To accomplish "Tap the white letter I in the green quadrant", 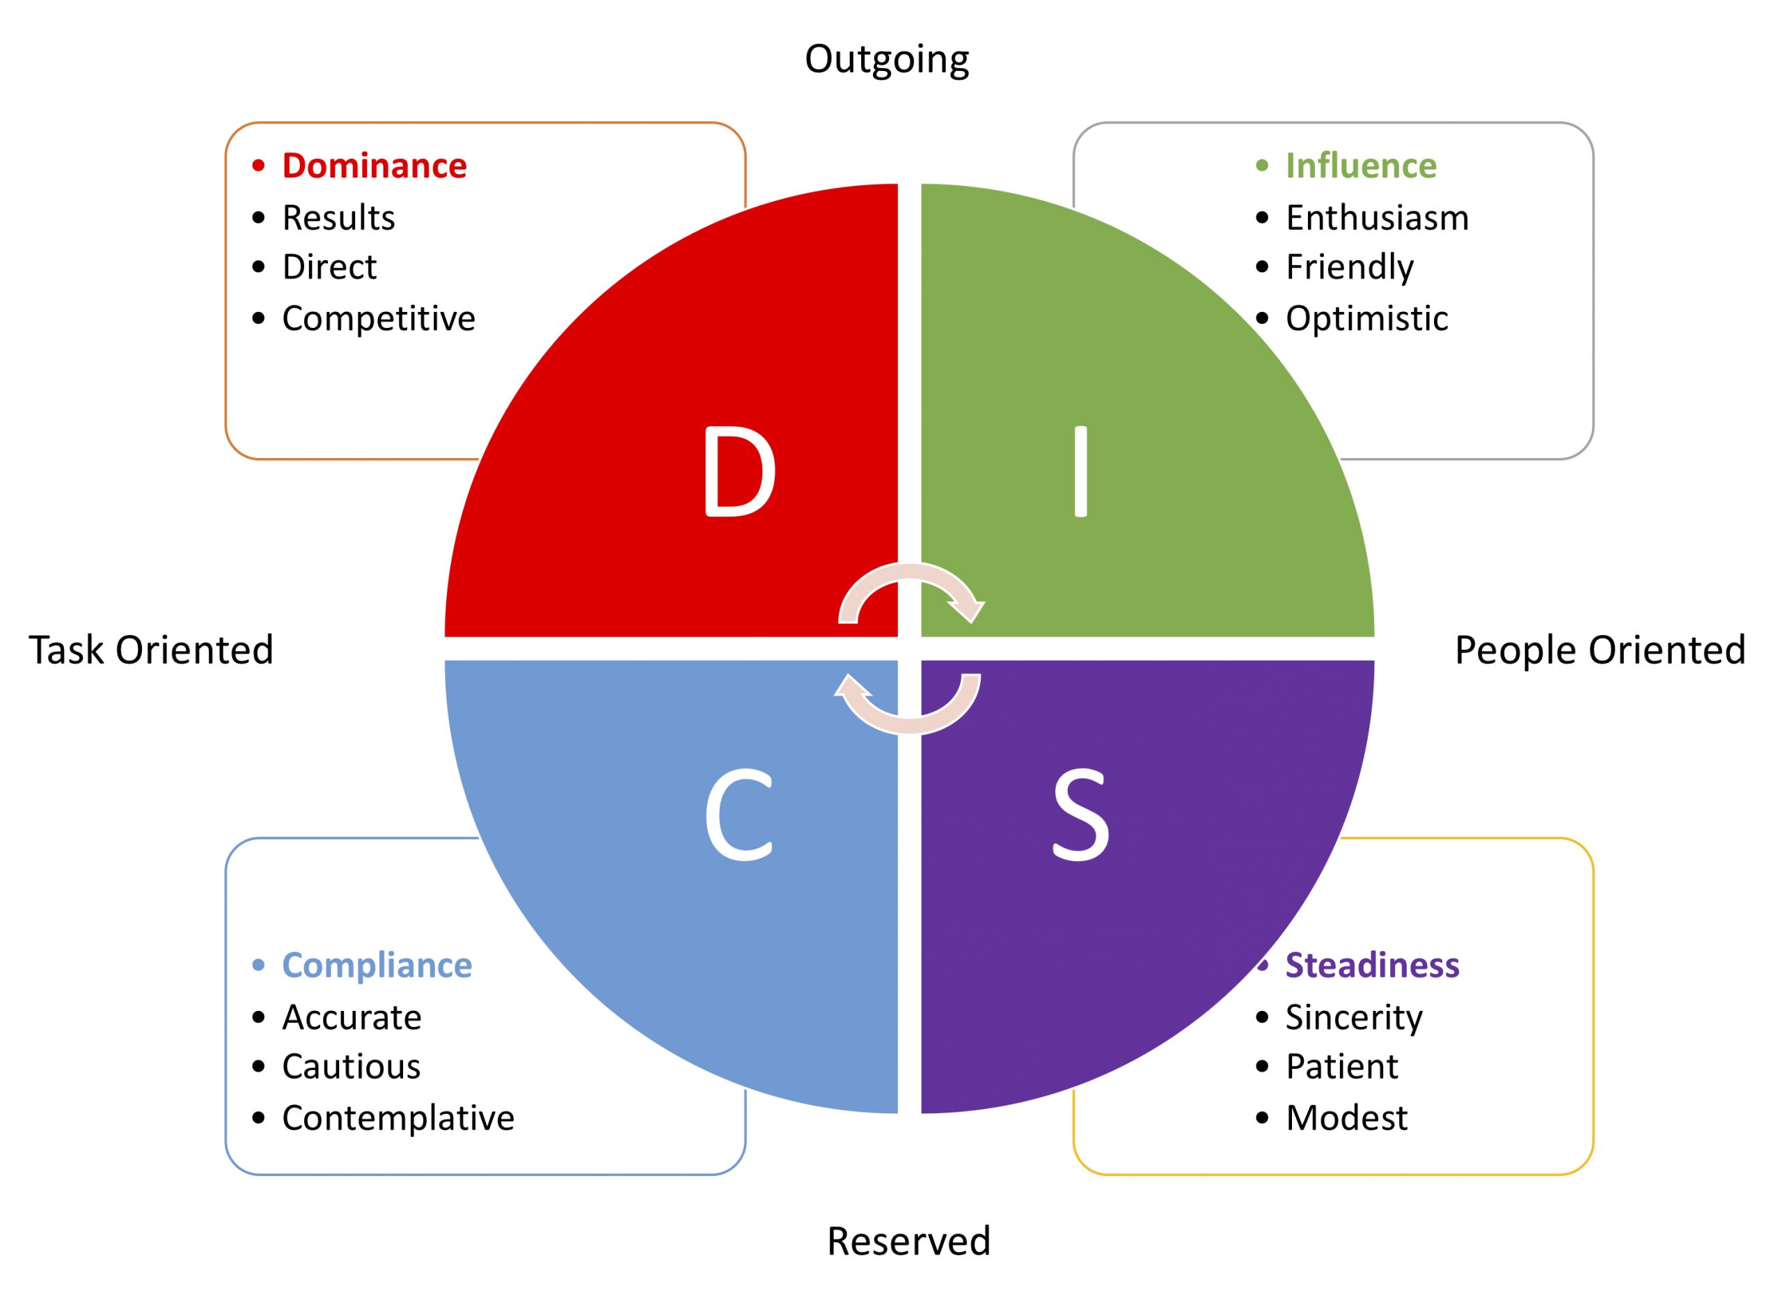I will (1080, 471).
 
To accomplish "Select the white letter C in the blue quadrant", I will (738, 815).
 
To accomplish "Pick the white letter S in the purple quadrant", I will (1080, 815).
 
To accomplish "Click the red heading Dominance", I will (374, 166).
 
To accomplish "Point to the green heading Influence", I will (1361, 166).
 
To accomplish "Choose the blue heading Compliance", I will (377, 965).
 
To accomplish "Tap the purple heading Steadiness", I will (1372, 965).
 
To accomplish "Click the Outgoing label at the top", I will (887, 60).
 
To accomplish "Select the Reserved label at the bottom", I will (908, 1241).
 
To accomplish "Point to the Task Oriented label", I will (151, 650).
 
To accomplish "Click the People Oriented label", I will (1600, 650).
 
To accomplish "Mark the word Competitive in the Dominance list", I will (379, 318).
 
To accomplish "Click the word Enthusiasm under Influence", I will (1377, 218).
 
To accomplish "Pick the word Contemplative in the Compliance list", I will (397, 1117).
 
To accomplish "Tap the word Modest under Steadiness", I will (1347, 1117).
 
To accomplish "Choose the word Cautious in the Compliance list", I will (352, 1067).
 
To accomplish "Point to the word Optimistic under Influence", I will (1366, 318).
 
